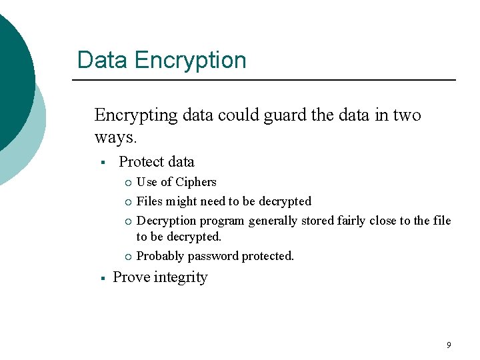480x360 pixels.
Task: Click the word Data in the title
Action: pyautogui.click(x=103, y=60)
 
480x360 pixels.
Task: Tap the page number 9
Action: pyautogui.click(x=449, y=345)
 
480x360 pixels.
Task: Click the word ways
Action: pyautogui.click(x=115, y=137)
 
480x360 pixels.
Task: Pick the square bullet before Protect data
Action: pyautogui.click(x=103, y=163)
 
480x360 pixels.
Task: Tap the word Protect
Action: pyautogui.click(x=141, y=162)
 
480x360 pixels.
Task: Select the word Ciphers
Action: pyautogui.click(x=196, y=182)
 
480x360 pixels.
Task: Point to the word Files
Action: pyautogui.click(x=149, y=201)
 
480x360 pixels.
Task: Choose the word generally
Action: pyautogui.click(x=273, y=221)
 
